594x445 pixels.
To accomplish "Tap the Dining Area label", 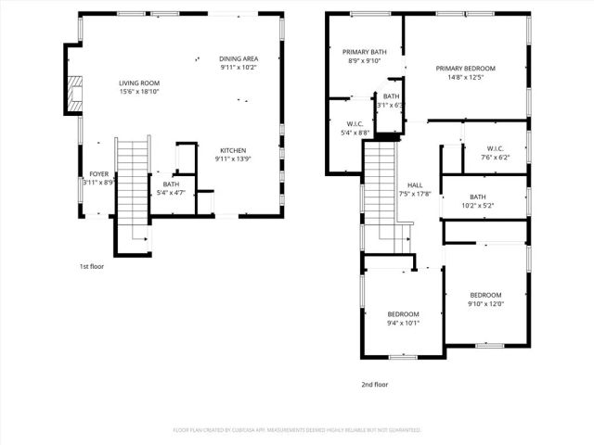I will tap(239, 63).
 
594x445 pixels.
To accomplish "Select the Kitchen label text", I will tap(233, 155).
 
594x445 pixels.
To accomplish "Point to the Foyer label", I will tap(98, 178).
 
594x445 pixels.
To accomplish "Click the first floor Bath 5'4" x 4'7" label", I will tap(171, 188).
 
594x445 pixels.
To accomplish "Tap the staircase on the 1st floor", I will tap(132, 181).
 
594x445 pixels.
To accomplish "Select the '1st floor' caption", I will tap(92, 266).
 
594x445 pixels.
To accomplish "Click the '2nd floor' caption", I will tap(374, 384).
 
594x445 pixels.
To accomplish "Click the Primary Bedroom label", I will tap(467, 73).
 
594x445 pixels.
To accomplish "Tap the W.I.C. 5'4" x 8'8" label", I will tap(354, 128).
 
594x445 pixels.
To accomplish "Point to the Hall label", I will tap(415, 189).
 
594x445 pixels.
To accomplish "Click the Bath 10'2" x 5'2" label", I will tap(477, 201).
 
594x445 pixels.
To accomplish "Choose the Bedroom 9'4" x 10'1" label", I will tap(403, 319).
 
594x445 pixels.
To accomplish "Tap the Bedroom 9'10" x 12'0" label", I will tap(484, 299).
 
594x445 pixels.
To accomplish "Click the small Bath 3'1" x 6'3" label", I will tap(391, 100).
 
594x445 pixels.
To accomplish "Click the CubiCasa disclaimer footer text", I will tap(297, 430).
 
